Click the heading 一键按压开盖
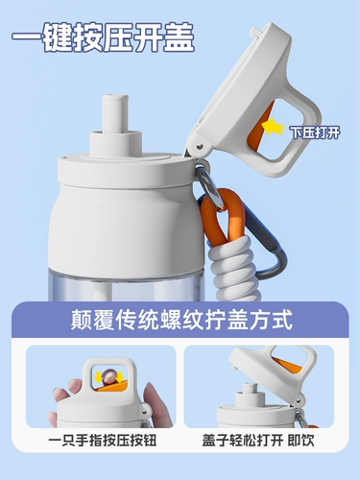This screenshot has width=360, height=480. click(103, 37)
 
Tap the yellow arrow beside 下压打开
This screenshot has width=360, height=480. click(273, 127)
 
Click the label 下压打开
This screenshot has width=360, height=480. click(315, 132)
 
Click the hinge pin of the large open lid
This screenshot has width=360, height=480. click(200, 147)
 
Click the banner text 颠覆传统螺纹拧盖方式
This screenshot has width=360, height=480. click(181, 320)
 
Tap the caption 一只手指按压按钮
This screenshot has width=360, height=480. click(103, 441)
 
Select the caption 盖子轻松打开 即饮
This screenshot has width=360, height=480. click(258, 441)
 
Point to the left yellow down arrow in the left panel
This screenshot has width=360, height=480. click(97, 377)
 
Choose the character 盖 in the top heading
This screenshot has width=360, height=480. click(179, 37)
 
